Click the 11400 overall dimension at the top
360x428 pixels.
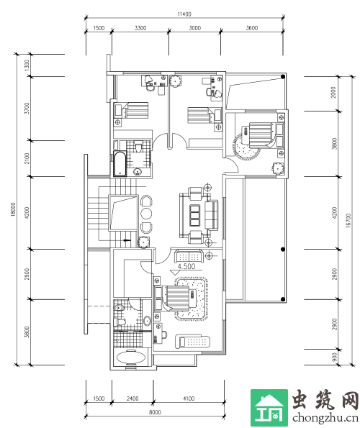click(184, 14)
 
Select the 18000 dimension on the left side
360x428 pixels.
click(13, 209)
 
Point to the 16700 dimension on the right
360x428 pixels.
click(348, 221)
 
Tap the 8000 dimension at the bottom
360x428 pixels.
click(155, 412)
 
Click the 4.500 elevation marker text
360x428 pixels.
click(186, 266)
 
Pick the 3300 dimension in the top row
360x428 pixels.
click(140, 28)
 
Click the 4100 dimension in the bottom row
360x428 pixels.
click(189, 399)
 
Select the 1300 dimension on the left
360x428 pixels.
click(27, 65)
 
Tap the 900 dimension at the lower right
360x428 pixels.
click(335, 358)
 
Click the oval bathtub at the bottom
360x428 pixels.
click(131, 358)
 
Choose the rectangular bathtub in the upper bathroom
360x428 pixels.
click(120, 164)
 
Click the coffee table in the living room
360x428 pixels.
click(194, 215)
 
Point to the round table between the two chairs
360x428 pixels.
click(146, 214)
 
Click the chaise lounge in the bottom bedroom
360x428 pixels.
click(192, 342)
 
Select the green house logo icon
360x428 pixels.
click(269, 407)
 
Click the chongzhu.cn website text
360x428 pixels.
click(325, 418)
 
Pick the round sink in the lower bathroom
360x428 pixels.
click(147, 320)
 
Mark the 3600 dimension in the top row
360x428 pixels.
click(251, 28)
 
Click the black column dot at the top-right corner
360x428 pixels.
click(283, 77)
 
